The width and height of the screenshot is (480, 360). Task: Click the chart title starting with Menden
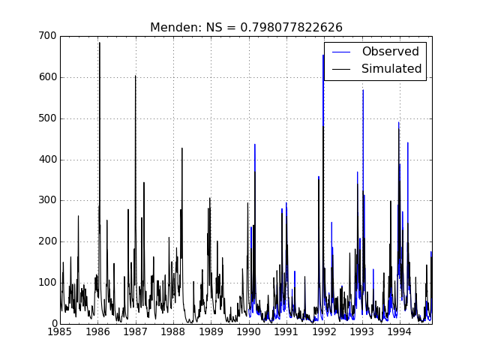tap(246, 27)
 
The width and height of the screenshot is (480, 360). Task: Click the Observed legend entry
tap(390, 52)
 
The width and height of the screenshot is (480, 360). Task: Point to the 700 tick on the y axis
tap(46, 36)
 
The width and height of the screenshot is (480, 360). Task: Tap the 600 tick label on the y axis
tap(46, 77)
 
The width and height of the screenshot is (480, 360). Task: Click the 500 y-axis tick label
tap(46, 118)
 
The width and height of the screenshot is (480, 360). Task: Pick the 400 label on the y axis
tap(46, 159)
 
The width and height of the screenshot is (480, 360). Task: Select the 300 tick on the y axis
tap(46, 200)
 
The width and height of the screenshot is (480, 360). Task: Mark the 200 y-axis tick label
tap(46, 241)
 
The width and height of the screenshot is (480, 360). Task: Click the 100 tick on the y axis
tap(46, 283)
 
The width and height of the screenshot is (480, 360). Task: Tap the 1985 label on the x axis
tap(60, 331)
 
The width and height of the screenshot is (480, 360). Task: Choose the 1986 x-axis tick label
tap(97, 331)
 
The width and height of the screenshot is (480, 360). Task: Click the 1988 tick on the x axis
tap(173, 331)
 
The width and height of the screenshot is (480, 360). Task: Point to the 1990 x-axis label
tap(249, 331)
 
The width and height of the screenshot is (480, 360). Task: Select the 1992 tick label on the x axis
tap(324, 331)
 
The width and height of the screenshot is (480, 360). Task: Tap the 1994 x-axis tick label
tap(400, 331)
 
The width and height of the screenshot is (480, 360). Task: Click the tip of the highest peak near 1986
tap(99, 43)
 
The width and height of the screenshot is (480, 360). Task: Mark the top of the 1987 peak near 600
tap(136, 76)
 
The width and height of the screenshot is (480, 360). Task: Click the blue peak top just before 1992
tap(323, 55)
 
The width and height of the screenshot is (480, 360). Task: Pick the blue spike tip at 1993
tap(363, 90)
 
